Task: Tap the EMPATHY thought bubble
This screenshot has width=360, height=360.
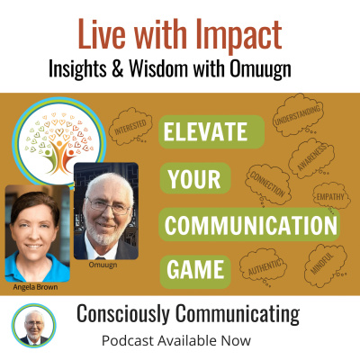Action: [x=330, y=196]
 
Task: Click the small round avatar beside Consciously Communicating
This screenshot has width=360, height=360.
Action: [x=32, y=323]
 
